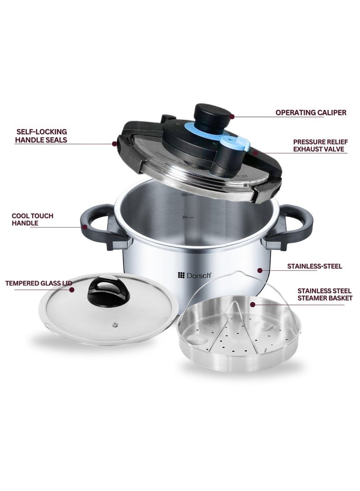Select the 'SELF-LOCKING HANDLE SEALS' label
tap(41, 136)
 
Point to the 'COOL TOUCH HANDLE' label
tap(32, 219)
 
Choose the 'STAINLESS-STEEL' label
tap(315, 266)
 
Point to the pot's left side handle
tap(96, 226)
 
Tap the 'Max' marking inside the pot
tap(184, 195)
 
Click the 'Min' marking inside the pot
tap(184, 217)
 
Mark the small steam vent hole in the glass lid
tap(117, 324)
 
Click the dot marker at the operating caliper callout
tap(232, 116)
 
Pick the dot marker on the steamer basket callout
tap(253, 304)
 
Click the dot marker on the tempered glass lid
tap(72, 290)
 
